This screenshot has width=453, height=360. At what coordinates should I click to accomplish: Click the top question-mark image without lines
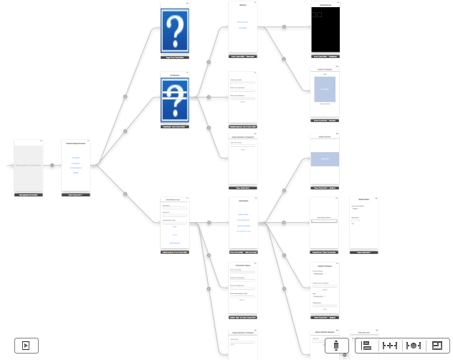pos(175,30)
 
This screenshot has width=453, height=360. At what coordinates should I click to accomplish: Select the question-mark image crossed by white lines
pos(175,99)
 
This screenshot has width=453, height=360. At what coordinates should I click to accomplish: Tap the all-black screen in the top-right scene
pos(325,31)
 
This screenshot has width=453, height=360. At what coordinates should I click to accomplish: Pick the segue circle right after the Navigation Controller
pos(52,166)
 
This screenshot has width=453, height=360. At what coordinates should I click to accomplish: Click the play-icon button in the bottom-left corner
pos(26,345)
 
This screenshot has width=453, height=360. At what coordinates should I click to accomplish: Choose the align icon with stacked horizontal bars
pos(366,345)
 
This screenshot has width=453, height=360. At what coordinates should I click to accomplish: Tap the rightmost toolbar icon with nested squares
pos(437,345)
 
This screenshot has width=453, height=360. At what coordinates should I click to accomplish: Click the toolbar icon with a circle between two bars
pos(414,345)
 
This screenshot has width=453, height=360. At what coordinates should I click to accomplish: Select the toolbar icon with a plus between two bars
pos(391,345)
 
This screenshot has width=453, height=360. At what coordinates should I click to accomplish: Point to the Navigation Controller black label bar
pos(29,194)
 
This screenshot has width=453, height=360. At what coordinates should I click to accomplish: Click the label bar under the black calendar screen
pos(325,56)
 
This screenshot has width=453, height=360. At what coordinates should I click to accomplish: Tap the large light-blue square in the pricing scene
pos(325,89)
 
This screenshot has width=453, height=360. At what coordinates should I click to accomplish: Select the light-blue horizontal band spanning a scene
pos(325,158)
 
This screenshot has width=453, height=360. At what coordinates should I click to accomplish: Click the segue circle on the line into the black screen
pos(285,27)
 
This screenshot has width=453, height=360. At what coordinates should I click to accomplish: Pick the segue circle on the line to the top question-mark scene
pos(125,95)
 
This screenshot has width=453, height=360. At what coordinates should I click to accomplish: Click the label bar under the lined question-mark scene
pos(175,126)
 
